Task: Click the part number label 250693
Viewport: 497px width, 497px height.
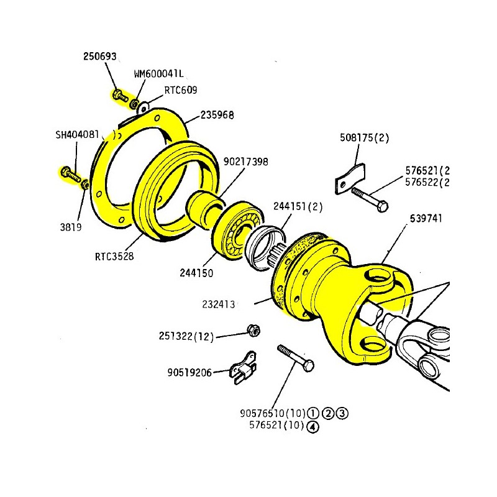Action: pyautogui.click(x=99, y=57)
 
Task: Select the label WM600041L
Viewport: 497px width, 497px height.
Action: pyautogui.click(x=159, y=73)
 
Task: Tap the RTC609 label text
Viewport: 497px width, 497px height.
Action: pyautogui.click(x=180, y=90)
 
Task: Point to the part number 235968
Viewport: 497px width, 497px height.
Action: pyautogui.click(x=217, y=116)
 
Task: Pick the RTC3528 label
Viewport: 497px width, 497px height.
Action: pyautogui.click(x=114, y=255)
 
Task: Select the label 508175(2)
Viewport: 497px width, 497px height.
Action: pyautogui.click(x=364, y=138)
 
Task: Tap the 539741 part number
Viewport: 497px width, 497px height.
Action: pyautogui.click(x=427, y=219)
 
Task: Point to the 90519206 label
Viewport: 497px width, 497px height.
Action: pyautogui.click(x=189, y=373)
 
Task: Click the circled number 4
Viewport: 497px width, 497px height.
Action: pyautogui.click(x=312, y=426)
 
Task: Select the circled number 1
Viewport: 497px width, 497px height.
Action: pyautogui.click(x=312, y=413)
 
